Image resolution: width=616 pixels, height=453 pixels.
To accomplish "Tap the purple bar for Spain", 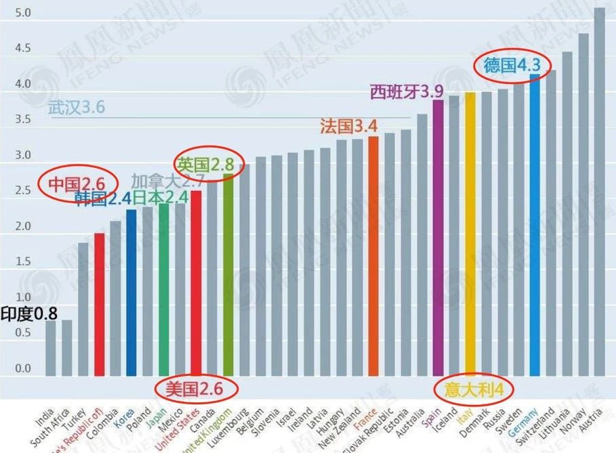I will (438, 237).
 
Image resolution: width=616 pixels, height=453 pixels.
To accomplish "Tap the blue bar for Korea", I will (131, 292).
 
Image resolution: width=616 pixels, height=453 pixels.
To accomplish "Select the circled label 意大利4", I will (474, 389).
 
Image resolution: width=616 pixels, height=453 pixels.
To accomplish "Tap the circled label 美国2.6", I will (196, 389).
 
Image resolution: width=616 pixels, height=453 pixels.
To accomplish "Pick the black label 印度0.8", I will (28, 314).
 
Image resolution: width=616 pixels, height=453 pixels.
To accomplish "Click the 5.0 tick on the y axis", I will (22, 13).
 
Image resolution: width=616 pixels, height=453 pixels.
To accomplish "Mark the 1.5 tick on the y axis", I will (22, 262).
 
